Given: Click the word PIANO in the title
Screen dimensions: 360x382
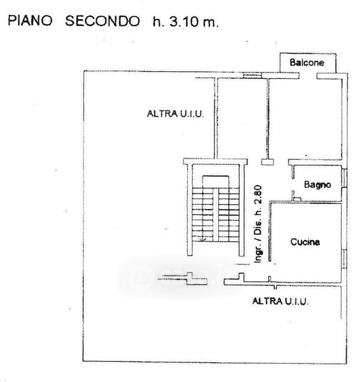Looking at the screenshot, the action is click(30, 21).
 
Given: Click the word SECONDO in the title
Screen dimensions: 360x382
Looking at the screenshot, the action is click(102, 21).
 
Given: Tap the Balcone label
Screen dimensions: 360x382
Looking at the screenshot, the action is click(307, 62).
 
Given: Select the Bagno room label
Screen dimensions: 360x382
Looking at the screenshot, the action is click(317, 185).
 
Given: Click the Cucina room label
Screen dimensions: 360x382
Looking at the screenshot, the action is click(305, 242).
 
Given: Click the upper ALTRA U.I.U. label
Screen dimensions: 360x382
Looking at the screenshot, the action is click(175, 114).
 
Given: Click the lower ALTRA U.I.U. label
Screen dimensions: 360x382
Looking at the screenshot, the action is click(280, 301).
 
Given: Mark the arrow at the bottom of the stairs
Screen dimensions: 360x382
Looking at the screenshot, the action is click(202, 239).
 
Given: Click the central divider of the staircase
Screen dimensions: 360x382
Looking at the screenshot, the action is click(216, 215).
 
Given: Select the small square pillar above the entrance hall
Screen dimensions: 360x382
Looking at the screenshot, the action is click(268, 162).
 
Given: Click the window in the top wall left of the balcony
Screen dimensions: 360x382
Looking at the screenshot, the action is click(253, 76).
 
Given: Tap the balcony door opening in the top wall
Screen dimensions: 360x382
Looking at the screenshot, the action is click(308, 76).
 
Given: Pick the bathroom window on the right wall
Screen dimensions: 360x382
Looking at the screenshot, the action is click(344, 178).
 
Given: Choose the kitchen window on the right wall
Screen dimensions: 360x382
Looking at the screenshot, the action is click(344, 259).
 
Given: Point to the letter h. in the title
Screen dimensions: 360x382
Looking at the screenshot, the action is click(157, 22).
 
